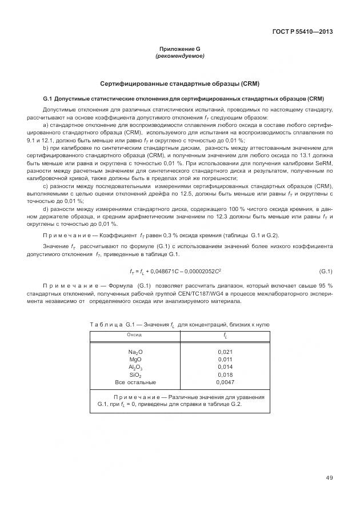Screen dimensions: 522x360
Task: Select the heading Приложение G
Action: tap(179, 49)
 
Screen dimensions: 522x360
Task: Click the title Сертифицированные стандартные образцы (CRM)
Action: tap(179, 83)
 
